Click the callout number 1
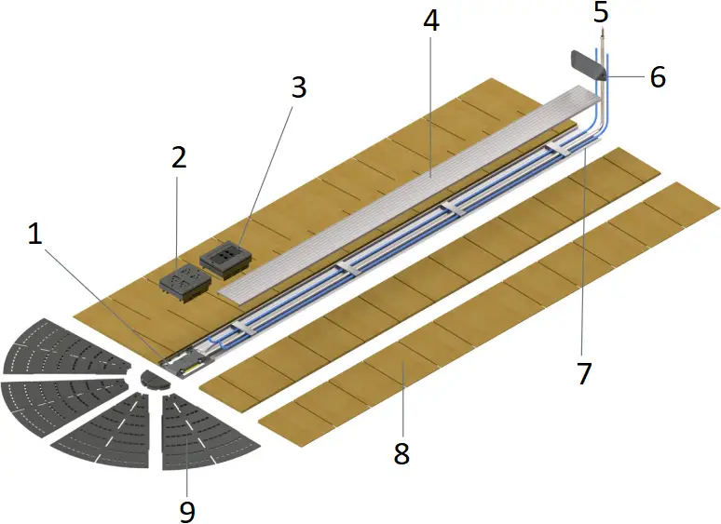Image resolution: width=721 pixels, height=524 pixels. pyautogui.click(x=34, y=235)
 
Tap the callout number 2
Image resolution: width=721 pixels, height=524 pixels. pyautogui.click(x=179, y=155)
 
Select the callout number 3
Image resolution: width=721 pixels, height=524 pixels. pyautogui.click(x=298, y=88)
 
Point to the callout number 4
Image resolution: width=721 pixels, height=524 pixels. pyautogui.click(x=430, y=21)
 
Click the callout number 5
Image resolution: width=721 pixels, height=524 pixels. pyautogui.click(x=601, y=12)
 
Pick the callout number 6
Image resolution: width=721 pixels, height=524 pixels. pyautogui.click(x=658, y=78)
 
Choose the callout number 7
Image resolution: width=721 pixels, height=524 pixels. pyautogui.click(x=584, y=373)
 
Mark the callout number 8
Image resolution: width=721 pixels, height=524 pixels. pyautogui.click(x=401, y=453)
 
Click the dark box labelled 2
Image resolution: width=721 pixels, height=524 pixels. pyautogui.click(x=183, y=282)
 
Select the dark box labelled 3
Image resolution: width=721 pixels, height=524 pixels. pyautogui.click(x=224, y=259)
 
